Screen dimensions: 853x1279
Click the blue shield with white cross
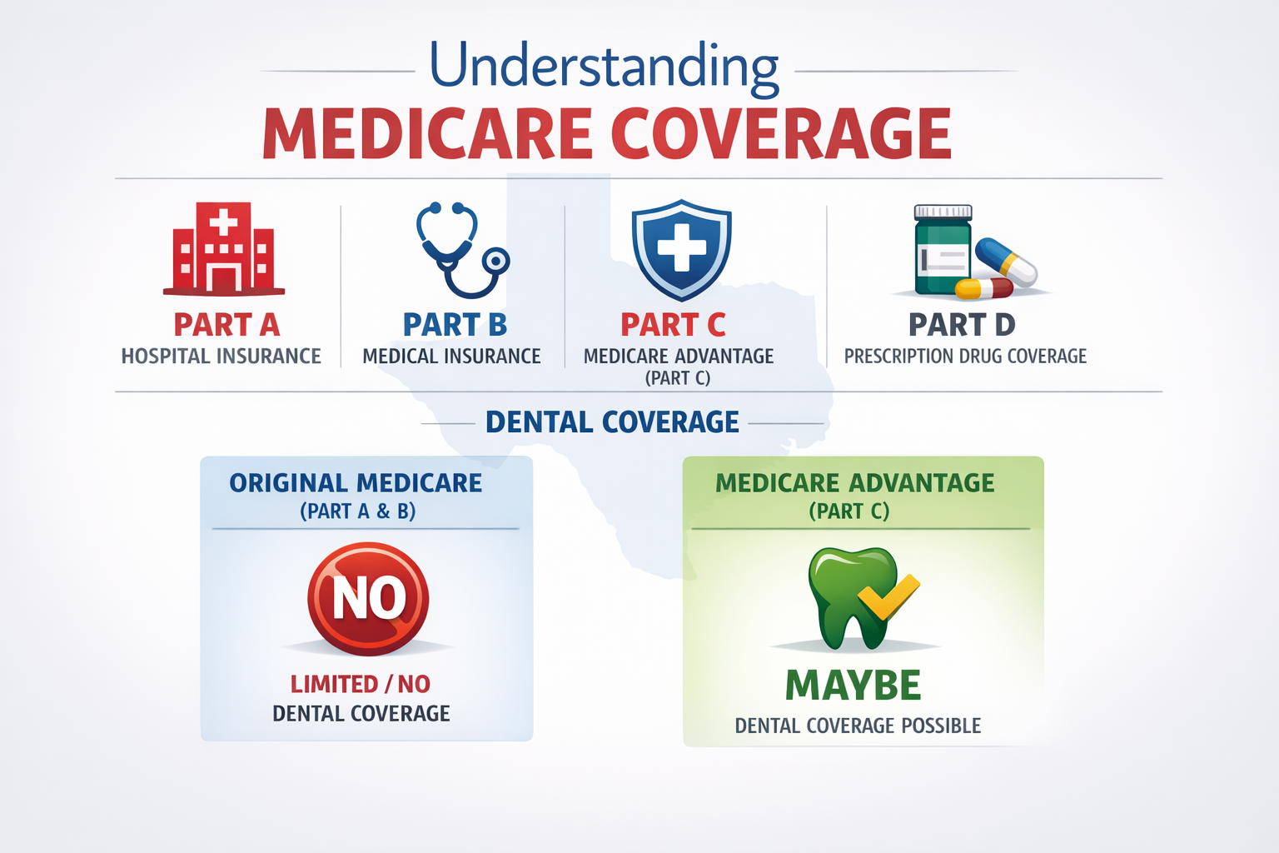681,248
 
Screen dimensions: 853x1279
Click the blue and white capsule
1006,262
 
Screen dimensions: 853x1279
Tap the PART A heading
226,324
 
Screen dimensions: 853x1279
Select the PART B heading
455,324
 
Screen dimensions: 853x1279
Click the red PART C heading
673,324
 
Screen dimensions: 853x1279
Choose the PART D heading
961,324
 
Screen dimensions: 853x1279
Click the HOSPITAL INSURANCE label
221,357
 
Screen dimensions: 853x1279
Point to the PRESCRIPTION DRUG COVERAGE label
965,357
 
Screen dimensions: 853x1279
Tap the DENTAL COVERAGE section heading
612,422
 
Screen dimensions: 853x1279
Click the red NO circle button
368,598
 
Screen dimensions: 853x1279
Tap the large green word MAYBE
853,686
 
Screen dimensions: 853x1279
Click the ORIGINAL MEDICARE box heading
356,483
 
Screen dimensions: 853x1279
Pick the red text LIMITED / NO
360,684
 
